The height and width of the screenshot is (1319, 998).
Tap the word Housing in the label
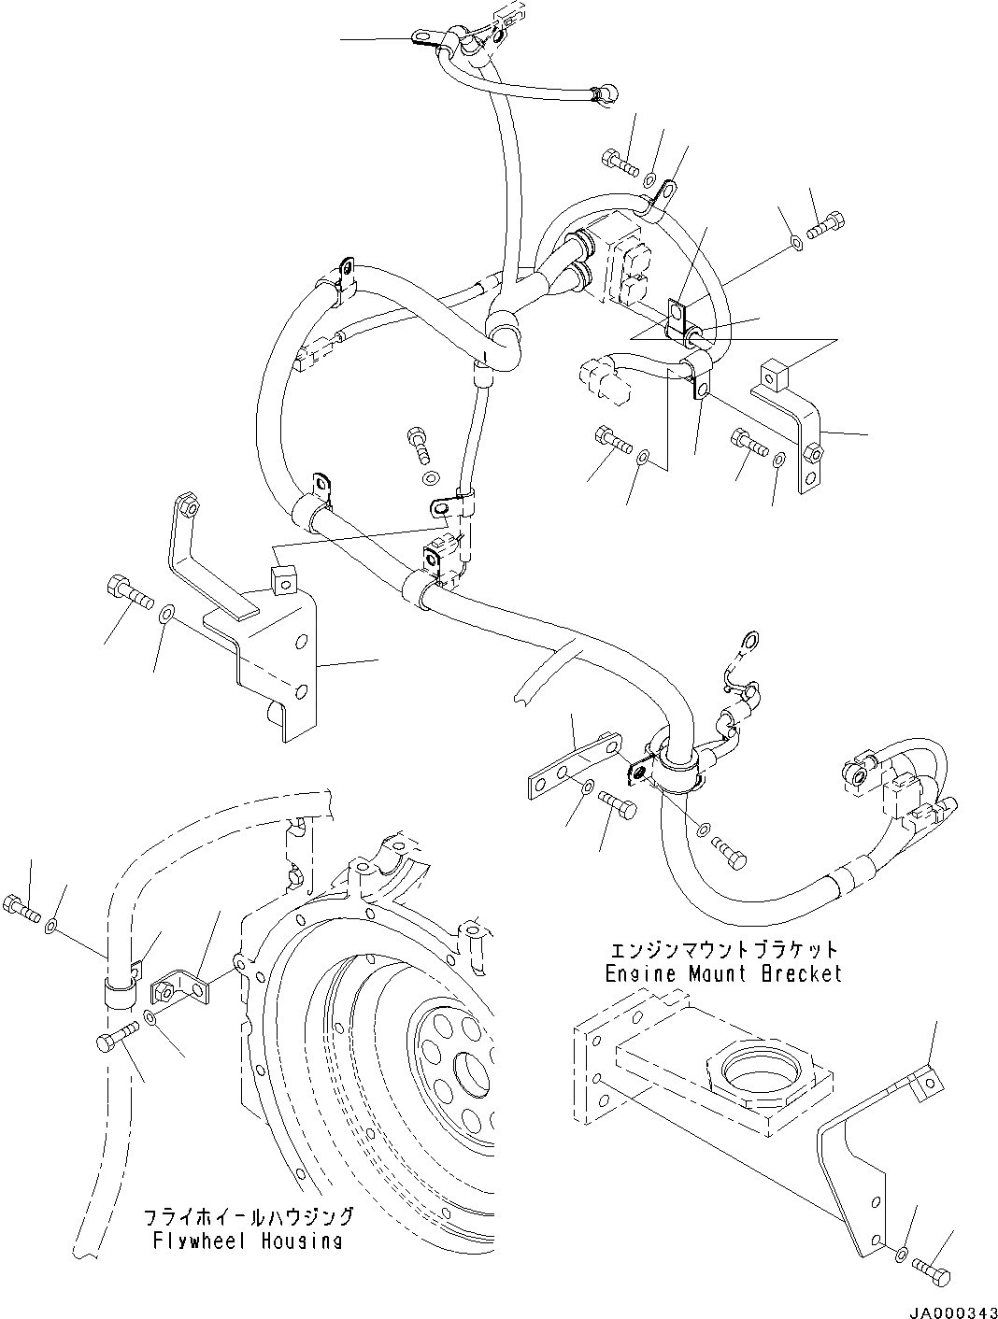coord(301,1241)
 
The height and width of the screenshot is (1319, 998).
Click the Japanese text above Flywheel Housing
coord(249,1216)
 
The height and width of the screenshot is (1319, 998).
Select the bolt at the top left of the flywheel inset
coord(23,904)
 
